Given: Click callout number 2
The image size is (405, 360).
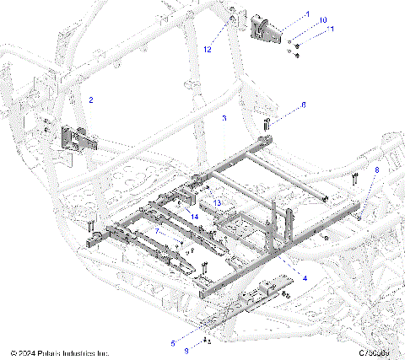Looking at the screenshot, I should point(91,100).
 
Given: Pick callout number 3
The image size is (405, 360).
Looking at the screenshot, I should point(224,119).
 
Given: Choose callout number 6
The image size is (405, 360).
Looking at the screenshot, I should point(304,105).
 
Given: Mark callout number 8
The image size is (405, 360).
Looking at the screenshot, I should point(377,170).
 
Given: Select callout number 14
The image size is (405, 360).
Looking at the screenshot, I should point(195,217).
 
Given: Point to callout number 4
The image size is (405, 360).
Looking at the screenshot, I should point(305,277).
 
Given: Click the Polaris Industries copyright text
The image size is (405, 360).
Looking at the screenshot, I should point(60,352).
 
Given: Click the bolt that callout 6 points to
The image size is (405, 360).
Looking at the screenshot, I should point(266,124).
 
